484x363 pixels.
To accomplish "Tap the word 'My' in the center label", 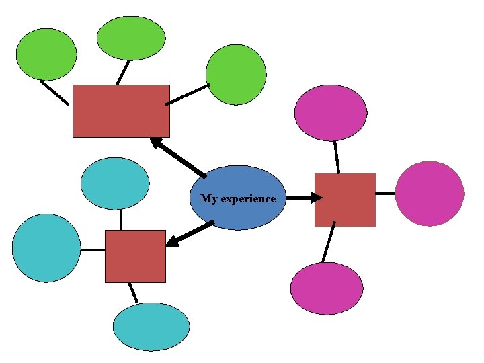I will click(x=208, y=199).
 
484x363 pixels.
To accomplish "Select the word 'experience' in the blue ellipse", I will click(x=248, y=199).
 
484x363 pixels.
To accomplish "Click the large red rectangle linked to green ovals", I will click(x=121, y=111).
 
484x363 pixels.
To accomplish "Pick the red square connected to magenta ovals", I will click(x=345, y=200).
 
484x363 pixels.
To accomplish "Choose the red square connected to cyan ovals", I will click(x=135, y=256).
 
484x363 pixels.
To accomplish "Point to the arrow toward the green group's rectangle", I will click(x=177, y=157).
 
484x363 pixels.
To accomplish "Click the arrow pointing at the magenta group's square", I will click(x=304, y=198).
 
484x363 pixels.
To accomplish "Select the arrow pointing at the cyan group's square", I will click(x=190, y=233).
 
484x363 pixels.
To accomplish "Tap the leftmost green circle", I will click(x=46, y=54).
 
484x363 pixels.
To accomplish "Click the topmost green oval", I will click(x=131, y=38).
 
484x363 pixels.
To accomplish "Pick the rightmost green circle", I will click(x=236, y=75).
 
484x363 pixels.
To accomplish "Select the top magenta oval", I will click(x=331, y=113).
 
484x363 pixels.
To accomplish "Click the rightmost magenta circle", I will click(x=430, y=194).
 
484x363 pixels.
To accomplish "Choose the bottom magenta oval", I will click(x=327, y=288).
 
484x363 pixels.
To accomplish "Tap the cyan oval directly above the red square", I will click(x=115, y=184).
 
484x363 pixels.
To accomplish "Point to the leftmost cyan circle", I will click(x=46, y=248).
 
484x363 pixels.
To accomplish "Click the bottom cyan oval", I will click(x=151, y=327).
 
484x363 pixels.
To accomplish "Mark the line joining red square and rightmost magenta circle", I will click(x=385, y=194).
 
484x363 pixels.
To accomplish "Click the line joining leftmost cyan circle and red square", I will click(x=93, y=250).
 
